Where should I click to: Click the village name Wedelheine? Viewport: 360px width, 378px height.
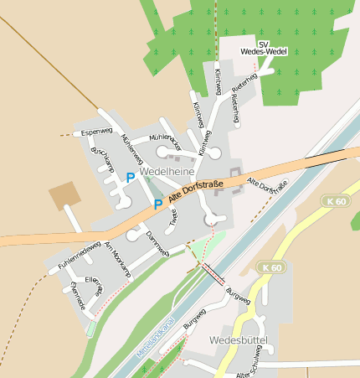pos(168,170)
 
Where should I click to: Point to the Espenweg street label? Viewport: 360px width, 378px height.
pos(96,132)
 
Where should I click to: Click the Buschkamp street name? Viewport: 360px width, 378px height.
pos(101,158)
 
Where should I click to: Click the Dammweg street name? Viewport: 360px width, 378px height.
pos(157,242)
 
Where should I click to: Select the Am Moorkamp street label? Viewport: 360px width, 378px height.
pos(117,259)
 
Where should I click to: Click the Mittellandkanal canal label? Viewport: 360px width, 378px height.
pos(155,340)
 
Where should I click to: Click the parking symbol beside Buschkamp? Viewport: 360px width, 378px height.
pos(130,178)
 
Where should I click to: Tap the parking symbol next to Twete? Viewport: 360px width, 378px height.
pos(157,204)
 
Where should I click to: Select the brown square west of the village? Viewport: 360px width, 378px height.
pos(65,195)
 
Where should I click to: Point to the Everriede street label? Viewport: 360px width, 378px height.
pos(78,296)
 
